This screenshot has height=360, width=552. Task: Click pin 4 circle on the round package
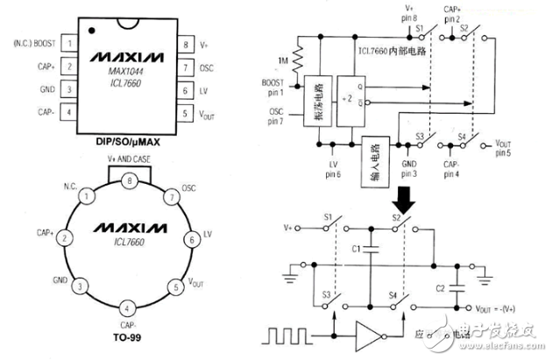pos(128,308)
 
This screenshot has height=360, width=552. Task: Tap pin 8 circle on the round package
pos(129,181)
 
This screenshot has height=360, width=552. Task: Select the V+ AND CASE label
pos(128,160)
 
